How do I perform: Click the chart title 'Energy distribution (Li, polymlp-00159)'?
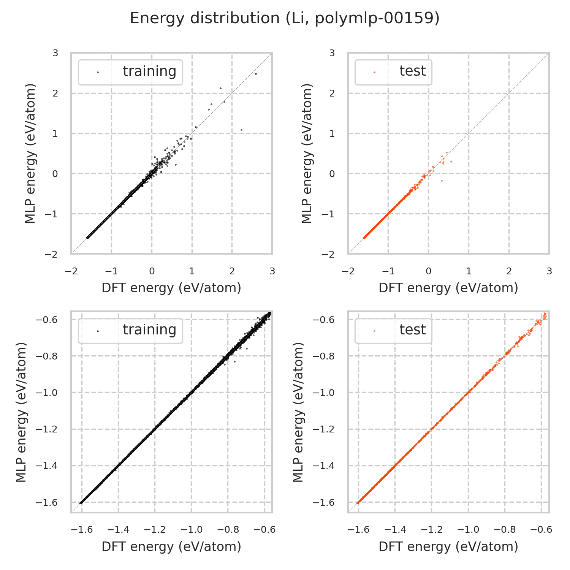[x=285, y=18]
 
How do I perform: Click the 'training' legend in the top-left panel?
[x=130, y=72]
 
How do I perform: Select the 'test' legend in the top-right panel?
[x=393, y=71]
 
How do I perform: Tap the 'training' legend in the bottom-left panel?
[x=130, y=330]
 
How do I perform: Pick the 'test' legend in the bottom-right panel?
[x=393, y=330]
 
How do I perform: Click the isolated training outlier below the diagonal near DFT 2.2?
[x=241, y=130]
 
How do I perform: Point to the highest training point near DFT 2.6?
[x=256, y=74]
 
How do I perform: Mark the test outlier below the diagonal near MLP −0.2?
[x=442, y=180]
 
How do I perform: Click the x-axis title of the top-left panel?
[x=171, y=288]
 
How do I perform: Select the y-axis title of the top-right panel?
[x=307, y=153]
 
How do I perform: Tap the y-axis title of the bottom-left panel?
[x=22, y=412]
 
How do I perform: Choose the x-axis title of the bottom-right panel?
[x=448, y=546]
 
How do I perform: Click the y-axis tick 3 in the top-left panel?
[x=55, y=53]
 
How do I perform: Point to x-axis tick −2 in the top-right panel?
[x=348, y=271]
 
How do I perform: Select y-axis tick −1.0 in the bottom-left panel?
[x=46, y=393]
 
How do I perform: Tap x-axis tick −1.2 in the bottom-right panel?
[x=432, y=530]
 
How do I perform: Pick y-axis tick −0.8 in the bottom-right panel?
[x=323, y=356]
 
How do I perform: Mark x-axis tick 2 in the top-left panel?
[x=232, y=271]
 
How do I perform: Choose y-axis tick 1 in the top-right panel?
[x=332, y=133]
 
